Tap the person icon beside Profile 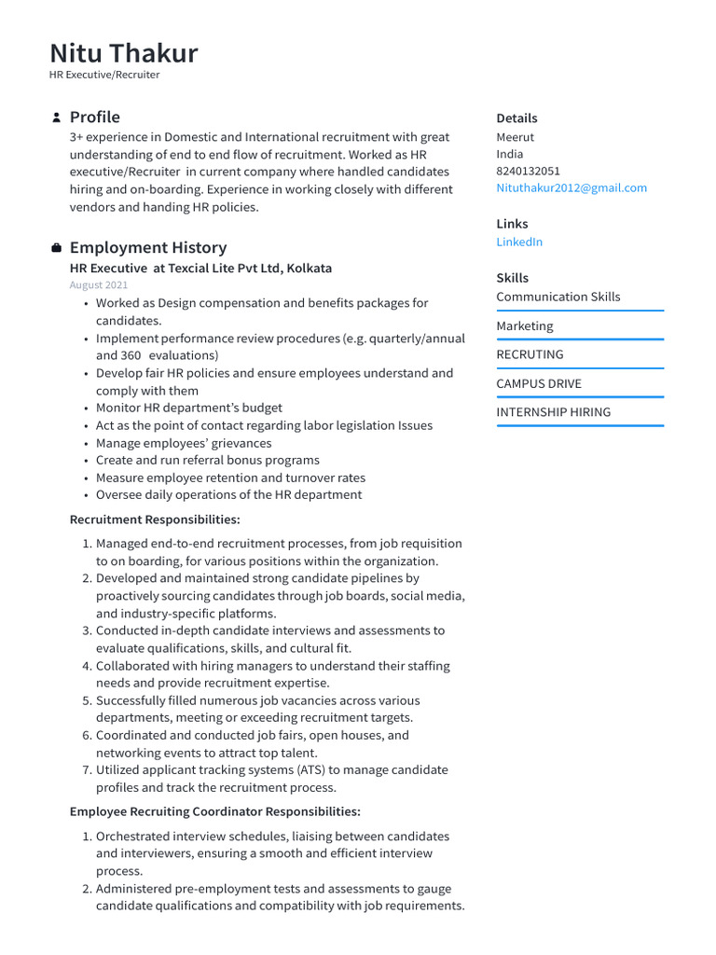coord(56,118)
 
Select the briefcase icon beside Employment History coord(56,248)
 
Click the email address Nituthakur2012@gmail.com coord(571,187)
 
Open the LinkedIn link coord(519,242)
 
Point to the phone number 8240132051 coord(528,171)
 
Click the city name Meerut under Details coord(515,137)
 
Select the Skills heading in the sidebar coord(512,278)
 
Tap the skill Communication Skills coord(558,297)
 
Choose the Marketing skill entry coord(524,325)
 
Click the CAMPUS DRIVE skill coord(538,383)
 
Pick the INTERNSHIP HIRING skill coord(553,412)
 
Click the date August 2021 coord(99,285)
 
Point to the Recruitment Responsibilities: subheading coord(155,519)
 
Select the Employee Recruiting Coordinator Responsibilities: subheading coord(214,812)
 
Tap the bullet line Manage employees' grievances coord(184,443)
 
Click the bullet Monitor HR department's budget coord(188,408)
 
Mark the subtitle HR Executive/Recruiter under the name coord(104,75)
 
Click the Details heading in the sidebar coord(516,118)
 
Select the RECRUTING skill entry coord(530,354)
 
